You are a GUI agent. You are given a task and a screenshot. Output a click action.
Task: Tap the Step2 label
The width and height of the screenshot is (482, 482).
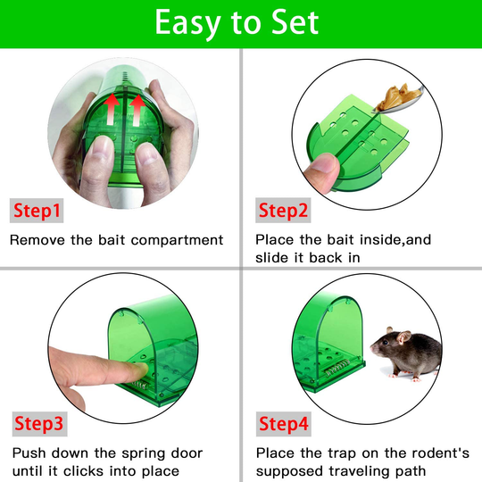tap(283, 212)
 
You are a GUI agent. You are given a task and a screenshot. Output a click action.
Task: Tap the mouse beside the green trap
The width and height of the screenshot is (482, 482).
tap(407, 348)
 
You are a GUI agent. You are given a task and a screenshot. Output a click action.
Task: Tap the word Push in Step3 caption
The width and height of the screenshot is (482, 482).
tap(29, 453)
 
